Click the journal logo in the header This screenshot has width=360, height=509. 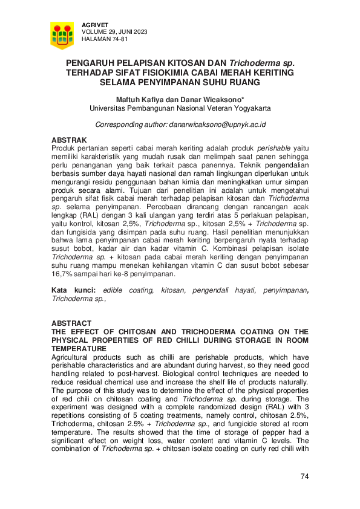click(62, 36)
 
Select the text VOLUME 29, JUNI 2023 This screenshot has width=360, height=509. click(114, 31)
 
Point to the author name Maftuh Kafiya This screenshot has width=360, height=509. click(141, 100)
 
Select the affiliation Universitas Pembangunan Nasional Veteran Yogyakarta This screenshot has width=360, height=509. click(180, 109)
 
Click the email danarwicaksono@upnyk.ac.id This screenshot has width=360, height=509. click(220, 125)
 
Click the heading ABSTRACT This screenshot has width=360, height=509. click(71, 323)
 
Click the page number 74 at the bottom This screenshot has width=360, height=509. click(304, 477)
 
